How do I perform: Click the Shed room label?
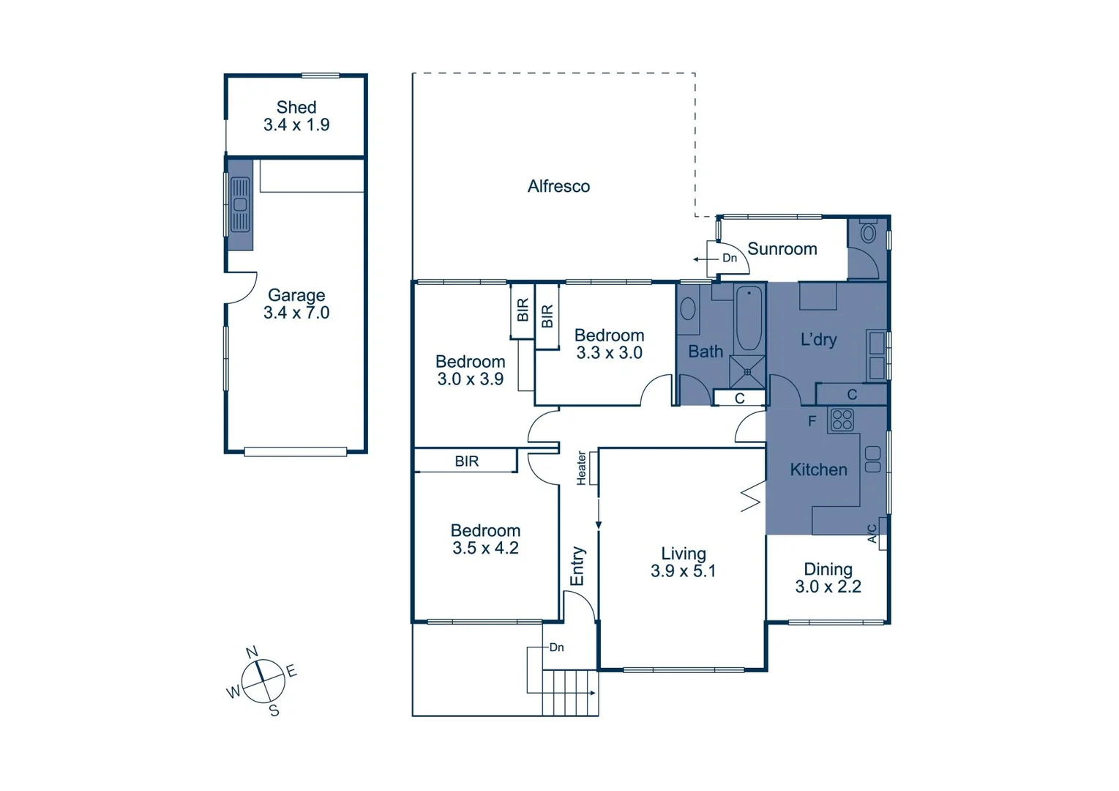[296, 107]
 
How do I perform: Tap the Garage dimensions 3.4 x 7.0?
[296, 313]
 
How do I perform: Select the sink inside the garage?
[240, 204]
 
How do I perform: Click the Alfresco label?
[558, 186]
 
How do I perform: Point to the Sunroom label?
[782, 249]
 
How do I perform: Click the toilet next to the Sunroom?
[868, 234]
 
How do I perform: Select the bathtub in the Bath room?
[748, 319]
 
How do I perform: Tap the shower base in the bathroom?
[747, 372]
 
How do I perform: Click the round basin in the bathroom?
[688, 308]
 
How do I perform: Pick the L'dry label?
[818, 339]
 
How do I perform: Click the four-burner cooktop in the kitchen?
[842, 420]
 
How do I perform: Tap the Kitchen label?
[818, 469]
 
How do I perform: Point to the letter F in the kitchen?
[812, 421]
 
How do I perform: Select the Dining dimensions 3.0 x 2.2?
[828, 587]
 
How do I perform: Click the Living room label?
[683, 554]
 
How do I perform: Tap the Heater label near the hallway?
[581, 468]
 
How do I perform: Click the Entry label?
[577, 565]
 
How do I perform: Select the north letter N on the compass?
[252, 652]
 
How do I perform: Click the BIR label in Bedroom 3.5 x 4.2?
[466, 461]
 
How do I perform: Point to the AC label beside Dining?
[872, 532]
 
